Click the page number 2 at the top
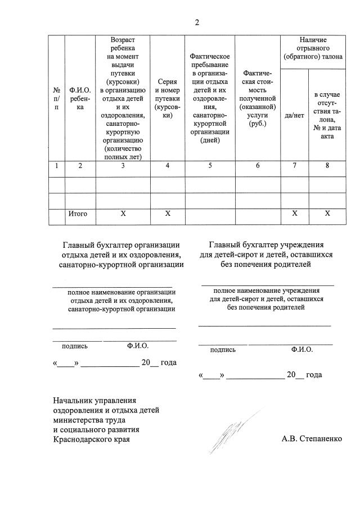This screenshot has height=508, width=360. pyautogui.click(x=197, y=22)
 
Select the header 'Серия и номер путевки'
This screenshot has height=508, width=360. pyautogui.click(x=167, y=98)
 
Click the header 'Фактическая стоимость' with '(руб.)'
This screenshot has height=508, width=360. pyautogui.click(x=257, y=98)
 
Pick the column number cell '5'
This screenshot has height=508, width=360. pyautogui.click(x=210, y=166)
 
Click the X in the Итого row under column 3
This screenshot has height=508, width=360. pyautogui.click(x=123, y=214)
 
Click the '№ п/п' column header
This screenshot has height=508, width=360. pyautogui.click(x=56, y=98)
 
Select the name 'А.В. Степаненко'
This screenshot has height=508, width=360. pyautogui.click(x=312, y=439)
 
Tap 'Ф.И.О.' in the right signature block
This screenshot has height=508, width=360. pyautogui.click(x=302, y=350)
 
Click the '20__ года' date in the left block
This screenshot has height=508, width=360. pyautogui.click(x=159, y=362)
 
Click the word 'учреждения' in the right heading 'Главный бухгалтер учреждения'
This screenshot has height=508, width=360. pyautogui.click(x=304, y=245)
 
